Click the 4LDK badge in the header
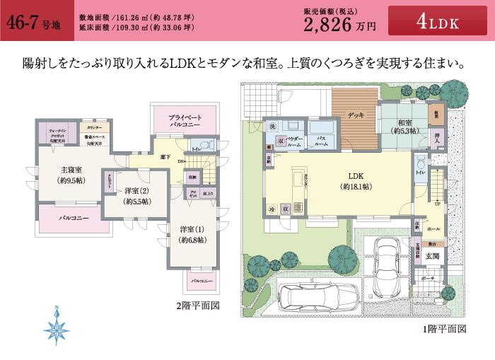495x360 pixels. coord(438,23)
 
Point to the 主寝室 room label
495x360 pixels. coord(73,174)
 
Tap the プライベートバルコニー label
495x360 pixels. coord(185,120)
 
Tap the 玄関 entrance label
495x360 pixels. coord(432,255)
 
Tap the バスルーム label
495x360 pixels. coord(321,140)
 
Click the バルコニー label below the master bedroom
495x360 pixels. coord(73,218)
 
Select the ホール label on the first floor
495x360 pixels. coord(433,228)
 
